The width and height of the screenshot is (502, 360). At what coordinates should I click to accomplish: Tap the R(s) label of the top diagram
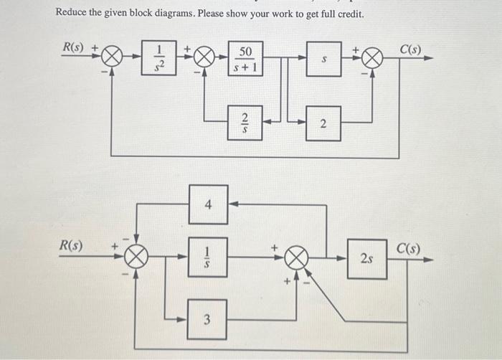[x=72, y=47]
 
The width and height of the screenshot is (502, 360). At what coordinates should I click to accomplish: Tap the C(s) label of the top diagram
[x=411, y=49]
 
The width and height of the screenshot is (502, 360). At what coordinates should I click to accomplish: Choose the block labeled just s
[x=324, y=59]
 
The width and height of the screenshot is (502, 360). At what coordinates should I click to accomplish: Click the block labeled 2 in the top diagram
[x=323, y=125]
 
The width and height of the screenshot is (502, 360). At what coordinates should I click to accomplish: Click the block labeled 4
[x=208, y=204]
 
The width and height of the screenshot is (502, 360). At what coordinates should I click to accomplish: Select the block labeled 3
[x=208, y=319]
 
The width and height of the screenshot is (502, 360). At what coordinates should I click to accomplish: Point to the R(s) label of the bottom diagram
[x=71, y=245]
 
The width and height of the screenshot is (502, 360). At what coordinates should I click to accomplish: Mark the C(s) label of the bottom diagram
[x=409, y=249]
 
